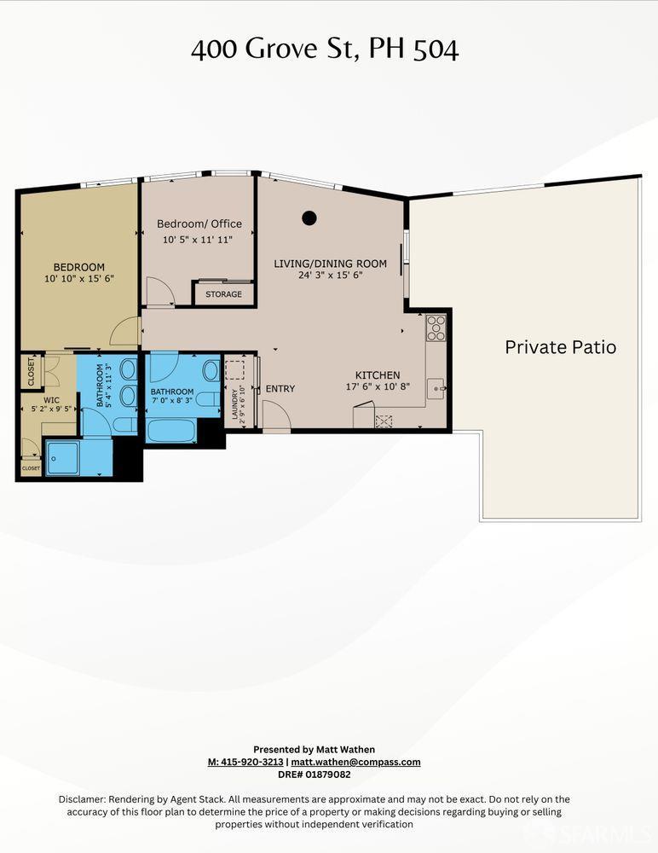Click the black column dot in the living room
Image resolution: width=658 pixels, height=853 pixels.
(x=309, y=218)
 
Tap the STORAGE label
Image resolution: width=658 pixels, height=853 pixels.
(x=223, y=294)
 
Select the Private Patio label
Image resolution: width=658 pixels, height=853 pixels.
(x=561, y=347)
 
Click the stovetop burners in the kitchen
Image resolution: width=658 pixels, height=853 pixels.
(x=436, y=328)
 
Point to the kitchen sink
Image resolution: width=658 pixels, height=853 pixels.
(x=436, y=388)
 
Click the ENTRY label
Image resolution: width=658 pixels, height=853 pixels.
(x=280, y=388)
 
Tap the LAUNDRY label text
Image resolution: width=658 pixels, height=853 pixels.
(x=235, y=404)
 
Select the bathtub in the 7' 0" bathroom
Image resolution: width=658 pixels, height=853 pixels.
(x=171, y=430)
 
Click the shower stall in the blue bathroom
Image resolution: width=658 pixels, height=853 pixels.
(x=62, y=457)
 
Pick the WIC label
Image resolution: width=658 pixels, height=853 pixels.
(x=52, y=400)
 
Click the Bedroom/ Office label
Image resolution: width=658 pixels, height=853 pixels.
(x=199, y=223)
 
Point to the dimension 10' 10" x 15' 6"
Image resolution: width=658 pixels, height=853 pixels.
(x=79, y=279)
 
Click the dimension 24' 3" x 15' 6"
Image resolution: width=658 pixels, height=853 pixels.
(x=331, y=275)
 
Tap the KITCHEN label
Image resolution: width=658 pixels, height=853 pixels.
(x=378, y=374)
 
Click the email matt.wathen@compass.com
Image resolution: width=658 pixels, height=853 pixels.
(x=355, y=762)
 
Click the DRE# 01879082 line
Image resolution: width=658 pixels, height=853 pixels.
(x=315, y=775)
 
